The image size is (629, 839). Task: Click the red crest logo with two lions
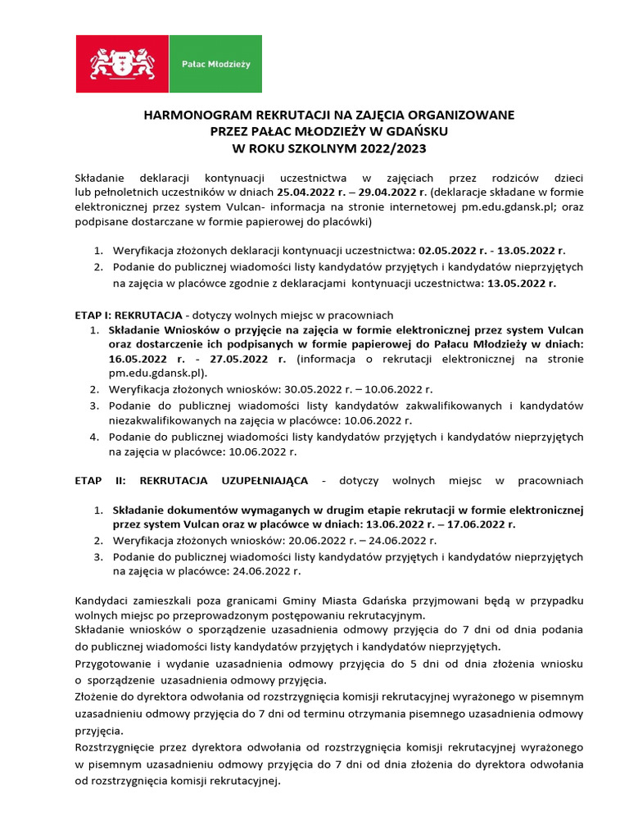(x=122, y=63)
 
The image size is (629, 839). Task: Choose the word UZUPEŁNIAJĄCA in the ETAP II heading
(x=259, y=480)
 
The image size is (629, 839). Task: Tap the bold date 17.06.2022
(x=476, y=524)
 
